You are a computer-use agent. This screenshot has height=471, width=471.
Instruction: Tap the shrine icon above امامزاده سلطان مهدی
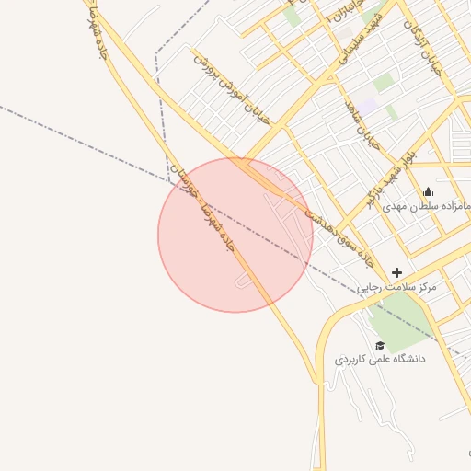pos(428,192)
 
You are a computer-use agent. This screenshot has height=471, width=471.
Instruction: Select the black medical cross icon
pos(396,272)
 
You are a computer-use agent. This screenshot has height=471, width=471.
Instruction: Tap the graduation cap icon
pos(380,345)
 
